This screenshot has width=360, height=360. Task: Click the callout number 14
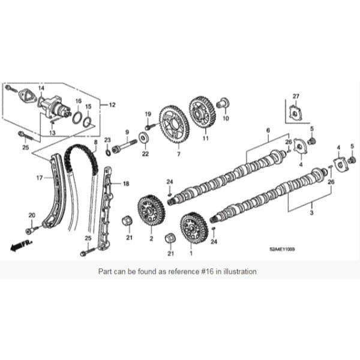(41, 88)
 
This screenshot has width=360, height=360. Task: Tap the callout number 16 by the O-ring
(78, 101)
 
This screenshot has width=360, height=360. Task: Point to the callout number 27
(296, 97)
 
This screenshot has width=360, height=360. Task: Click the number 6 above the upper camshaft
(268, 130)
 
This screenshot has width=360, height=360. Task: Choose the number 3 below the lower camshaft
(311, 212)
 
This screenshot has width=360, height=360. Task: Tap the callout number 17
(38, 178)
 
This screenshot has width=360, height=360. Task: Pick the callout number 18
(126, 183)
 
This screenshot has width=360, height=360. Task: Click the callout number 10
(226, 119)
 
